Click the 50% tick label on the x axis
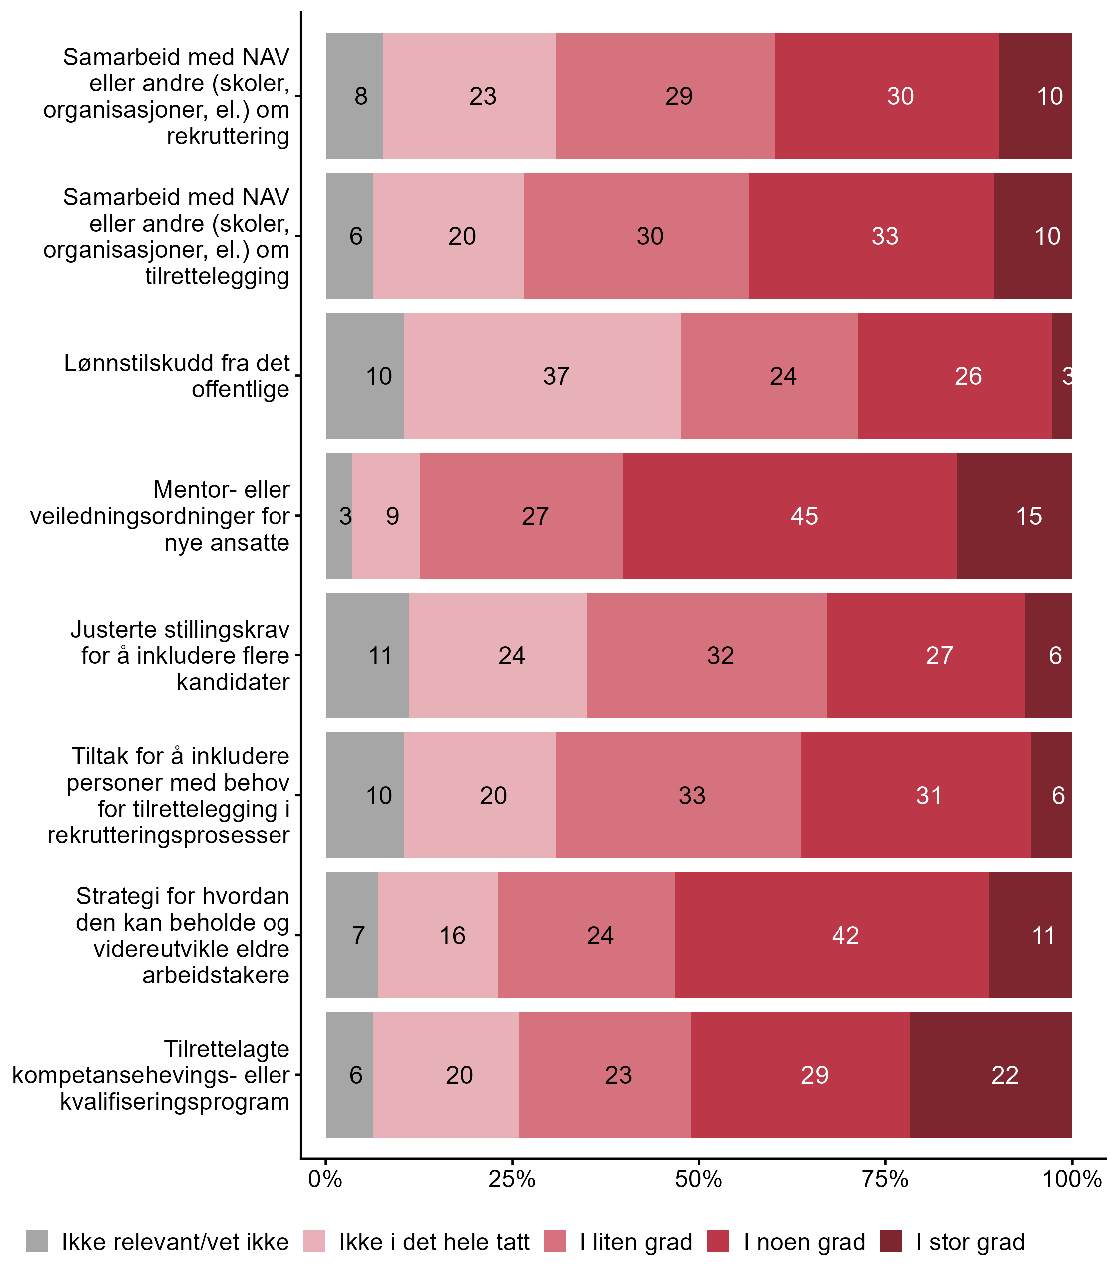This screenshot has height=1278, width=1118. pyautogui.click(x=698, y=1179)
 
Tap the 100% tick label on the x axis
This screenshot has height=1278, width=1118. pyautogui.click(x=1071, y=1179)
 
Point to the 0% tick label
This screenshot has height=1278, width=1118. pyautogui.click(x=325, y=1179)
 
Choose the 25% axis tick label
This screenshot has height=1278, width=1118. pyautogui.click(x=512, y=1179)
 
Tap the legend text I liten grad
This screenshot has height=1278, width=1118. pyautogui.click(x=636, y=1242)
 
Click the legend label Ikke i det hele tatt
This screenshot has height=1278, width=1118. pyautogui.click(x=434, y=1242)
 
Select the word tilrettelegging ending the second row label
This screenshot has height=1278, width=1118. pyautogui.click(x=217, y=276)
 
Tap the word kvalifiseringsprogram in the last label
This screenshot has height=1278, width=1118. pyautogui.click(x=175, y=1102)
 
